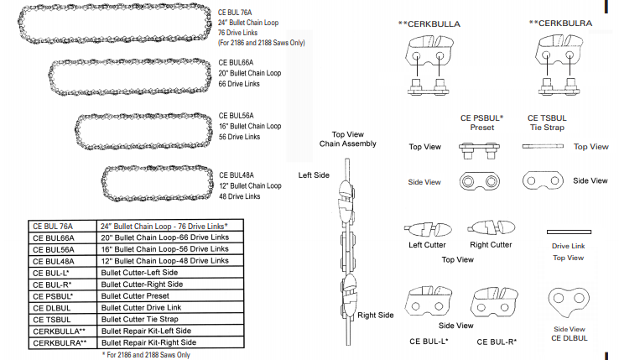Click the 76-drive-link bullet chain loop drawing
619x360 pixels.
110,25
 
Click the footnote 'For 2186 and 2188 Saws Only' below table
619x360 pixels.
147,355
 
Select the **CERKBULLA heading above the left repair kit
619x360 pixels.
429,24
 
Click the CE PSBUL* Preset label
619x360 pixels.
481,123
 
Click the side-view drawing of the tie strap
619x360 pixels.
543,180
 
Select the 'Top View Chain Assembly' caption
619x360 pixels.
348,138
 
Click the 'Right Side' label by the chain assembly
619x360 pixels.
376,315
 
